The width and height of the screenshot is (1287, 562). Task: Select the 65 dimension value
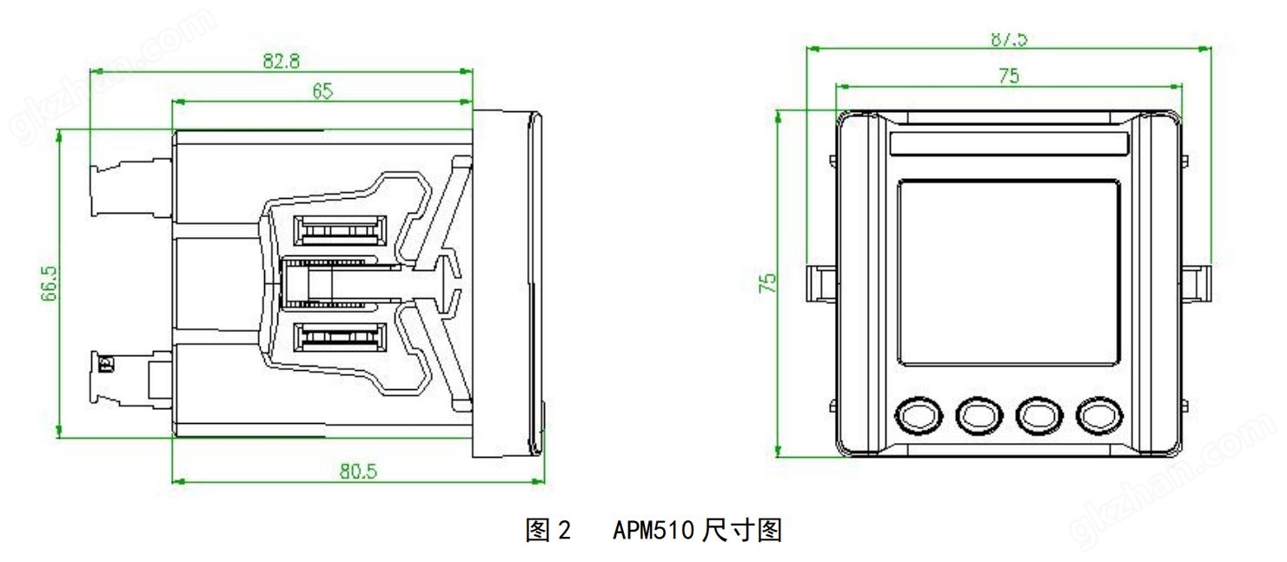pyautogui.click(x=322, y=90)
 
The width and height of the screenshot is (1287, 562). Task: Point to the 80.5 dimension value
pyautogui.click(x=356, y=469)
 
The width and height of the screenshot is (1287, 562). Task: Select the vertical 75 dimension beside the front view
pyautogui.click(x=767, y=282)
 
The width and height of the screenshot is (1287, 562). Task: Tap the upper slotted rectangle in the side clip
pyautogui.click(x=340, y=231)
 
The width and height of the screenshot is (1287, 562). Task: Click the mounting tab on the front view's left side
pyautogui.click(x=819, y=281)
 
